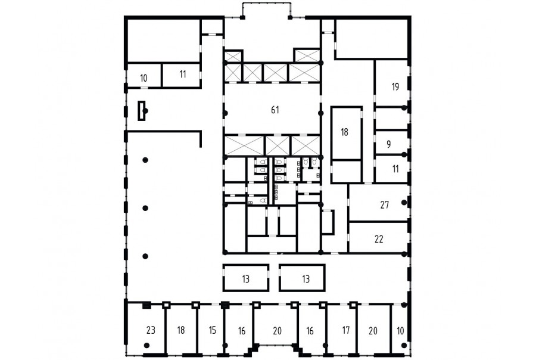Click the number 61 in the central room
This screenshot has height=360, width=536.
pos(275,110)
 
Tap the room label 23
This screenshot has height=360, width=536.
pos(151,330)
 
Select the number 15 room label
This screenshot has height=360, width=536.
pos(212,330)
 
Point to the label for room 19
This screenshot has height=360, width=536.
pos(395,86)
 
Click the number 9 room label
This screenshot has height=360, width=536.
pos(389,144)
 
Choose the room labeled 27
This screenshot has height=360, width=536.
pos(385,204)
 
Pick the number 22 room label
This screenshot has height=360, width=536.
pos(379,239)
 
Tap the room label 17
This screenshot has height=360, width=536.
pos(346,330)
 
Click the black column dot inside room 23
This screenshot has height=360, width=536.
pos(147,345)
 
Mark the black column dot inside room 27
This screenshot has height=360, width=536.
pos(404,203)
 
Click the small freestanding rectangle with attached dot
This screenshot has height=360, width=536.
pos(142,110)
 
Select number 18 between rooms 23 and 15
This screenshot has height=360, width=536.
pos(181,330)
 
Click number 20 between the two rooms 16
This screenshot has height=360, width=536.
pos(277,331)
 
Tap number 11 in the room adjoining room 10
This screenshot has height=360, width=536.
pos(183,74)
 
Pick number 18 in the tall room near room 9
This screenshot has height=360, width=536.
pos(344,132)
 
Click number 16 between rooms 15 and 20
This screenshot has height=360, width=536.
pos(242,331)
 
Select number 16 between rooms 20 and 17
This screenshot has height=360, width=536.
pos(310,331)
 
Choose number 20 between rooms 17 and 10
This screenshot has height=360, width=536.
pos(373,331)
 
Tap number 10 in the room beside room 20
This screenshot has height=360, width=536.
pos(400,331)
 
